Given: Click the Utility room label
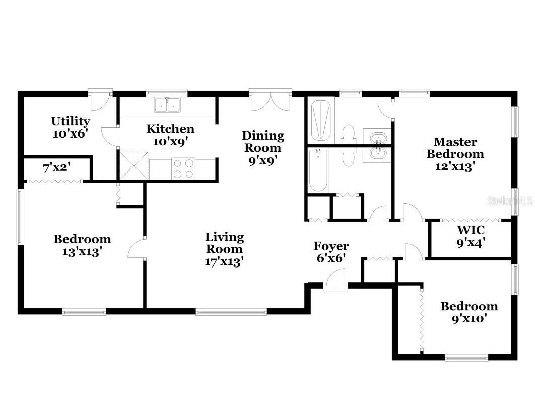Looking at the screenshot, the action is (71, 127).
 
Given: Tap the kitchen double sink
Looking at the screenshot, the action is (167, 105).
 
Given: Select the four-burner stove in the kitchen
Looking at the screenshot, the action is (183, 169).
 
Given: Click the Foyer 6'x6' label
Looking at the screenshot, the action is (331, 252).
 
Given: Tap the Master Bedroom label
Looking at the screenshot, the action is (455, 154).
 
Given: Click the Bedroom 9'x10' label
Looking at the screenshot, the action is (469, 312).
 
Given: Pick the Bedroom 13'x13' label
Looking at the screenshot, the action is (82, 245).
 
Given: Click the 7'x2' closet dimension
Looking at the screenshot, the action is (56, 168).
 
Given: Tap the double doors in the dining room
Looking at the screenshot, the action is (271, 101).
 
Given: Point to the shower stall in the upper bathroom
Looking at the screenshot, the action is (321, 120).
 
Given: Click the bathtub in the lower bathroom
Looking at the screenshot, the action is (319, 170).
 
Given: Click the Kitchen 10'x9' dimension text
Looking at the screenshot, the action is (170, 142).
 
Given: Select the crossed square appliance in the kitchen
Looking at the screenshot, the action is (135, 166).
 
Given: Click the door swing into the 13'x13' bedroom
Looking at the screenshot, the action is (137, 248).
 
